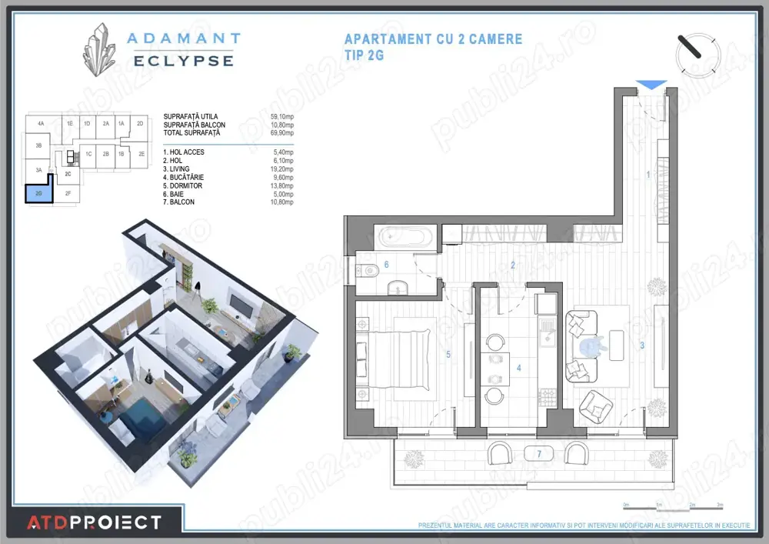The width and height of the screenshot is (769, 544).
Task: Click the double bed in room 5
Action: click(x=415, y=359)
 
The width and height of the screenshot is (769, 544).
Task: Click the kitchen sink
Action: click(x=548, y=335)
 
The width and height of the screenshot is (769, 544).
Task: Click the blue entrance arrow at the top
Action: click(x=652, y=85)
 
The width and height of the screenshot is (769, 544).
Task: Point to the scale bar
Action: click(x=672, y=507)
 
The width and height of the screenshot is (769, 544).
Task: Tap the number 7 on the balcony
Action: click(x=539, y=454)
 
